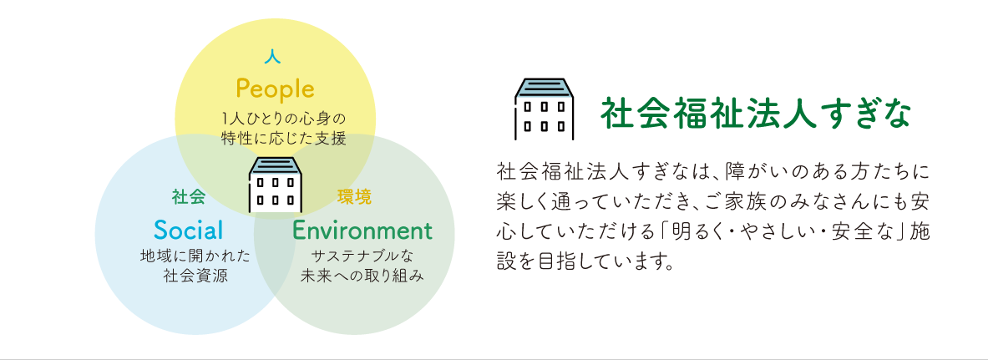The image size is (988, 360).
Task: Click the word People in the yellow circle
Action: [x=275, y=89]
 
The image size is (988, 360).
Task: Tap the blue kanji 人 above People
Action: [x=272, y=57]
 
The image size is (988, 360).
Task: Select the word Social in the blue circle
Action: [x=188, y=231]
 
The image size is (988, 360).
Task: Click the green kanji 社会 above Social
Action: [x=189, y=197]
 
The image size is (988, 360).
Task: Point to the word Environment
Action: [x=362, y=231]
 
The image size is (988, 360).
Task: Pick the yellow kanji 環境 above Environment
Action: [x=355, y=197]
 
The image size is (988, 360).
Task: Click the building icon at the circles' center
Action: [x=276, y=184]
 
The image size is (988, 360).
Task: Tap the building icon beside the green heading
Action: [x=545, y=109]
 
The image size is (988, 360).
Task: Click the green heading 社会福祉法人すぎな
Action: [x=756, y=113]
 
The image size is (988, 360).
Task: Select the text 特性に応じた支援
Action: [x=284, y=138]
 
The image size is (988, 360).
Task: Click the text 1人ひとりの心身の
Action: [x=284, y=119]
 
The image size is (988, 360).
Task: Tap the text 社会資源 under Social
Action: [x=195, y=276]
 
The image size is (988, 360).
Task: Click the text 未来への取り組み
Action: [x=362, y=276]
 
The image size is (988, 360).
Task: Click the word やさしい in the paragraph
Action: [x=771, y=231]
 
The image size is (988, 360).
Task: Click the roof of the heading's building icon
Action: [x=545, y=88]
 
